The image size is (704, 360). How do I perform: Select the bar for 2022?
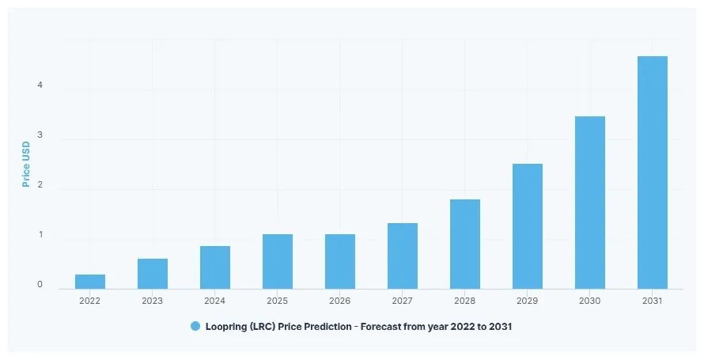[90, 282]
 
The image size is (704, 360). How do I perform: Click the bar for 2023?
[153, 274]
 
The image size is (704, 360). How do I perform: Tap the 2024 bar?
[215, 267]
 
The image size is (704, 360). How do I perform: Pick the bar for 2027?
[403, 256]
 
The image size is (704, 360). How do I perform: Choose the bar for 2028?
[465, 244]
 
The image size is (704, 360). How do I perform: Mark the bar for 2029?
[528, 226]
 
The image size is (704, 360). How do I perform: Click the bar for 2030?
[590, 203]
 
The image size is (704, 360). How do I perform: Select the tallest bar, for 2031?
[653, 172]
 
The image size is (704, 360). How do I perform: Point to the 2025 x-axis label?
[278, 301]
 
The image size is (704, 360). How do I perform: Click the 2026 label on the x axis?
[340, 301]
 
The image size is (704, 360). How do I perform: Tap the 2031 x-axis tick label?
[653, 301]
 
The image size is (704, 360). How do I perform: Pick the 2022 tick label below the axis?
[90, 301]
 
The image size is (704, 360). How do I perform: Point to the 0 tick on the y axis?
[40, 285]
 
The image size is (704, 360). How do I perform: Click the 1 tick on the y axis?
[40, 236]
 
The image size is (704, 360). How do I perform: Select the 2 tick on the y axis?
[40, 186]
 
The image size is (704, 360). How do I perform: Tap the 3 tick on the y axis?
[40, 136]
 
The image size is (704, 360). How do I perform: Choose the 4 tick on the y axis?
[40, 85]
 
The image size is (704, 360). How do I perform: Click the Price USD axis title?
[25, 164]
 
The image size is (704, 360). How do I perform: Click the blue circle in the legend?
[195, 326]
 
